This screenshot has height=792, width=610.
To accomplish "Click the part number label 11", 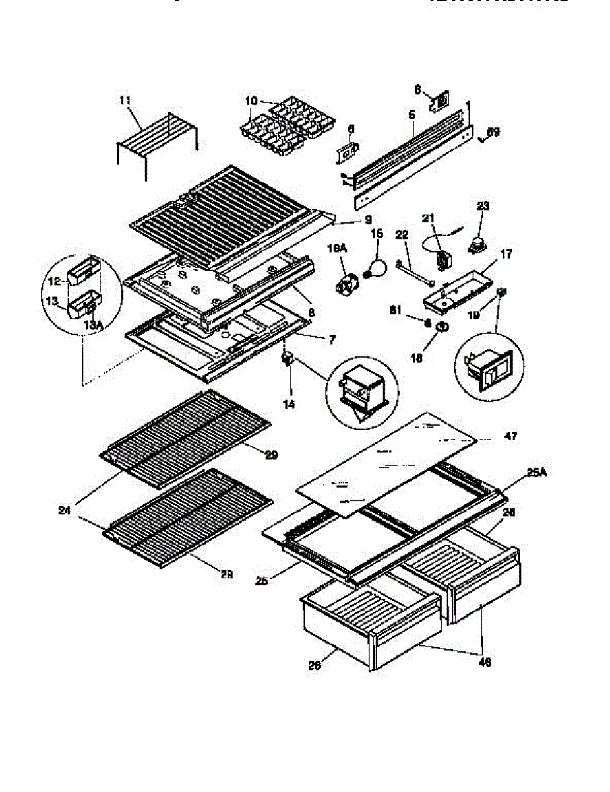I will coord(125,100).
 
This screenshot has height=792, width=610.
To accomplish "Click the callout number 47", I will coord(510,436).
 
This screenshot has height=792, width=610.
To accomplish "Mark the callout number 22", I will coord(402,234).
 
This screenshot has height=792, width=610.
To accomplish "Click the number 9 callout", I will coord(369,219).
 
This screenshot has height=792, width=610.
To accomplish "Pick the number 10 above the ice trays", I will coord(251,100).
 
